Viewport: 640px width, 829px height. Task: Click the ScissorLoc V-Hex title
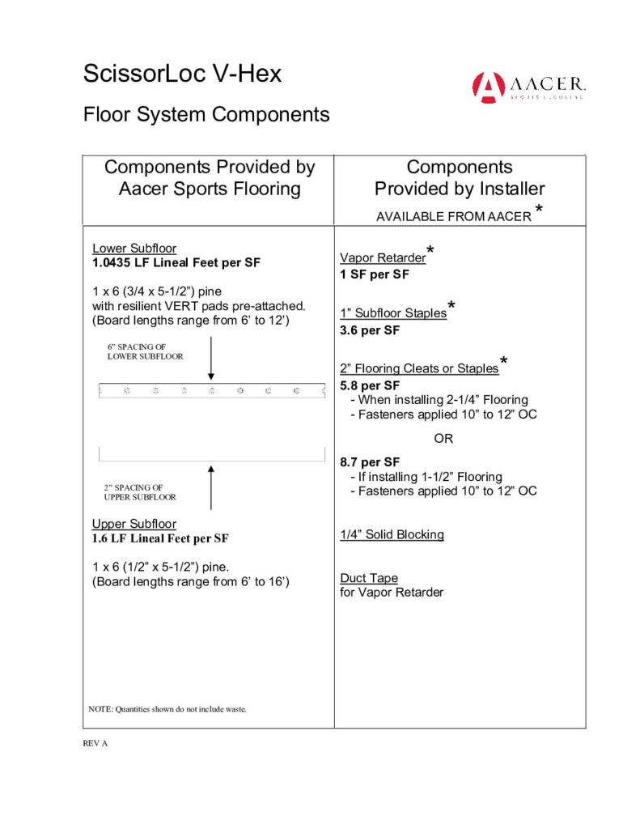tap(182, 74)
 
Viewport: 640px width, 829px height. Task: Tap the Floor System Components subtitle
tap(206, 114)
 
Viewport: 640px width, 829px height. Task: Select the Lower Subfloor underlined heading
tap(134, 249)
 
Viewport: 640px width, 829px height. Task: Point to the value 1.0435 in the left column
tap(112, 262)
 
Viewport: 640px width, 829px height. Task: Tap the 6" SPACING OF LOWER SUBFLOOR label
tap(145, 351)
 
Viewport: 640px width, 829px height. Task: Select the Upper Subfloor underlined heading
tap(134, 524)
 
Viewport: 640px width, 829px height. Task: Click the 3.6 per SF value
tap(370, 330)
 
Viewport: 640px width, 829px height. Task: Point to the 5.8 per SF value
tap(370, 385)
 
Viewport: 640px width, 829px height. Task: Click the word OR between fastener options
tap(443, 439)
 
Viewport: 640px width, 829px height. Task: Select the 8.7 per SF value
tap(370, 463)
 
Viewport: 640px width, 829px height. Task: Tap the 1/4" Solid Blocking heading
tap(392, 534)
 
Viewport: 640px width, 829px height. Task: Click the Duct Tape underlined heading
tap(369, 578)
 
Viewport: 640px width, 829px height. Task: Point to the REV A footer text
tap(95, 743)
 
